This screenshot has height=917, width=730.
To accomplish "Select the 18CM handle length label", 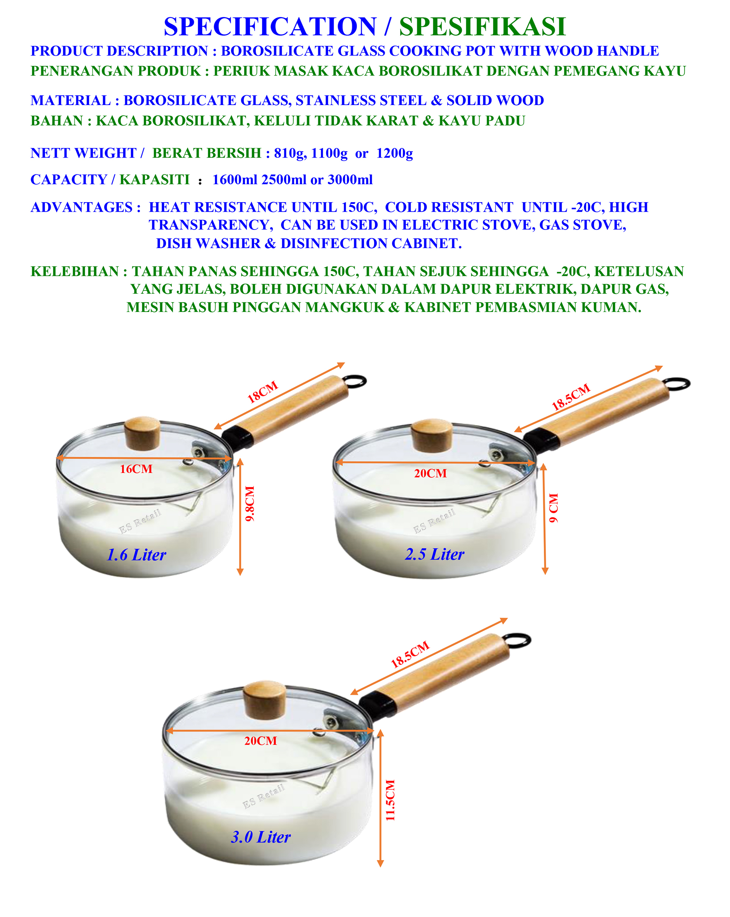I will [262, 392].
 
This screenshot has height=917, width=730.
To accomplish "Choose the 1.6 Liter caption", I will [136, 555].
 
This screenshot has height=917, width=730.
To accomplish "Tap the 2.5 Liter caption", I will [434, 554].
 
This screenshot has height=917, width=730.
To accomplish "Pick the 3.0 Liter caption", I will [261, 837].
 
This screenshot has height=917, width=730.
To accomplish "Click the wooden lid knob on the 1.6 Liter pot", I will [142, 433].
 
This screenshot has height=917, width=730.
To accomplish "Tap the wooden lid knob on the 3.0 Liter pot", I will [264, 700].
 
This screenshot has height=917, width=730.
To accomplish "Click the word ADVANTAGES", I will [82, 207].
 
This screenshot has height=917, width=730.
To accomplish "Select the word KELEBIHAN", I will [75, 271].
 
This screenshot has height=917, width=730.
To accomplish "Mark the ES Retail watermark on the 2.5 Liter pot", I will [434, 521].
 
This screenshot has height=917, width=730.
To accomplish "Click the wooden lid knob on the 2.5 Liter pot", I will [432, 436].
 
